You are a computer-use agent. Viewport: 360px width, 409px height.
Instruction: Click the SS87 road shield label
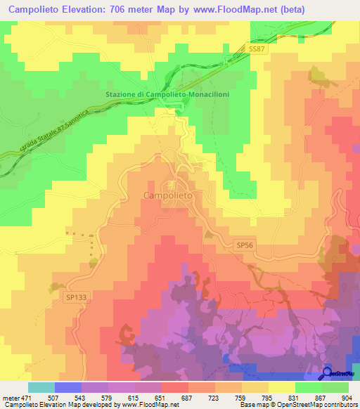258,48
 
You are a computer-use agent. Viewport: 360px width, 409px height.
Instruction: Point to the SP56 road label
244,244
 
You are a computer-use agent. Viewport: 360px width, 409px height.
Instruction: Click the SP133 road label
76,297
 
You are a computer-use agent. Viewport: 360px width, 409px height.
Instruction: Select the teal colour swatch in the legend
41,387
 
